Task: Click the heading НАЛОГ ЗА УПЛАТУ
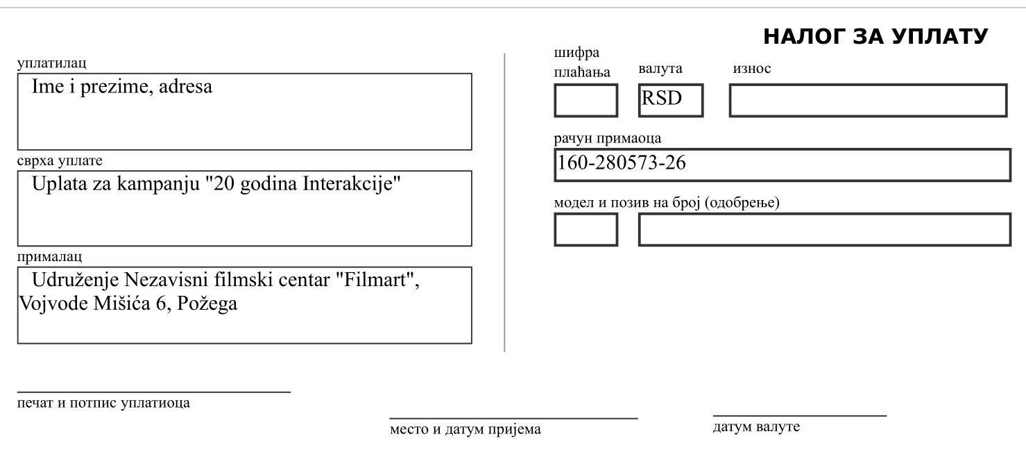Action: [875, 37]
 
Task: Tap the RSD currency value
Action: [661, 98]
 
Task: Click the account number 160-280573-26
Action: [621, 163]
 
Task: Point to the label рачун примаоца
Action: [608, 138]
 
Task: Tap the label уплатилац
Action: [51, 63]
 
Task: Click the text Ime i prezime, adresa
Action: [122, 87]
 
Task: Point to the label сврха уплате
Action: [60, 160]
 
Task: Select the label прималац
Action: [49, 256]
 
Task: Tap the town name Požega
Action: [207, 304]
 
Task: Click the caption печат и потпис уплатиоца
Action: [103, 403]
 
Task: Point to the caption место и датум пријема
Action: [465, 429]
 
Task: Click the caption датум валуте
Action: [756, 426]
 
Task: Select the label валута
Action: [660, 69]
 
